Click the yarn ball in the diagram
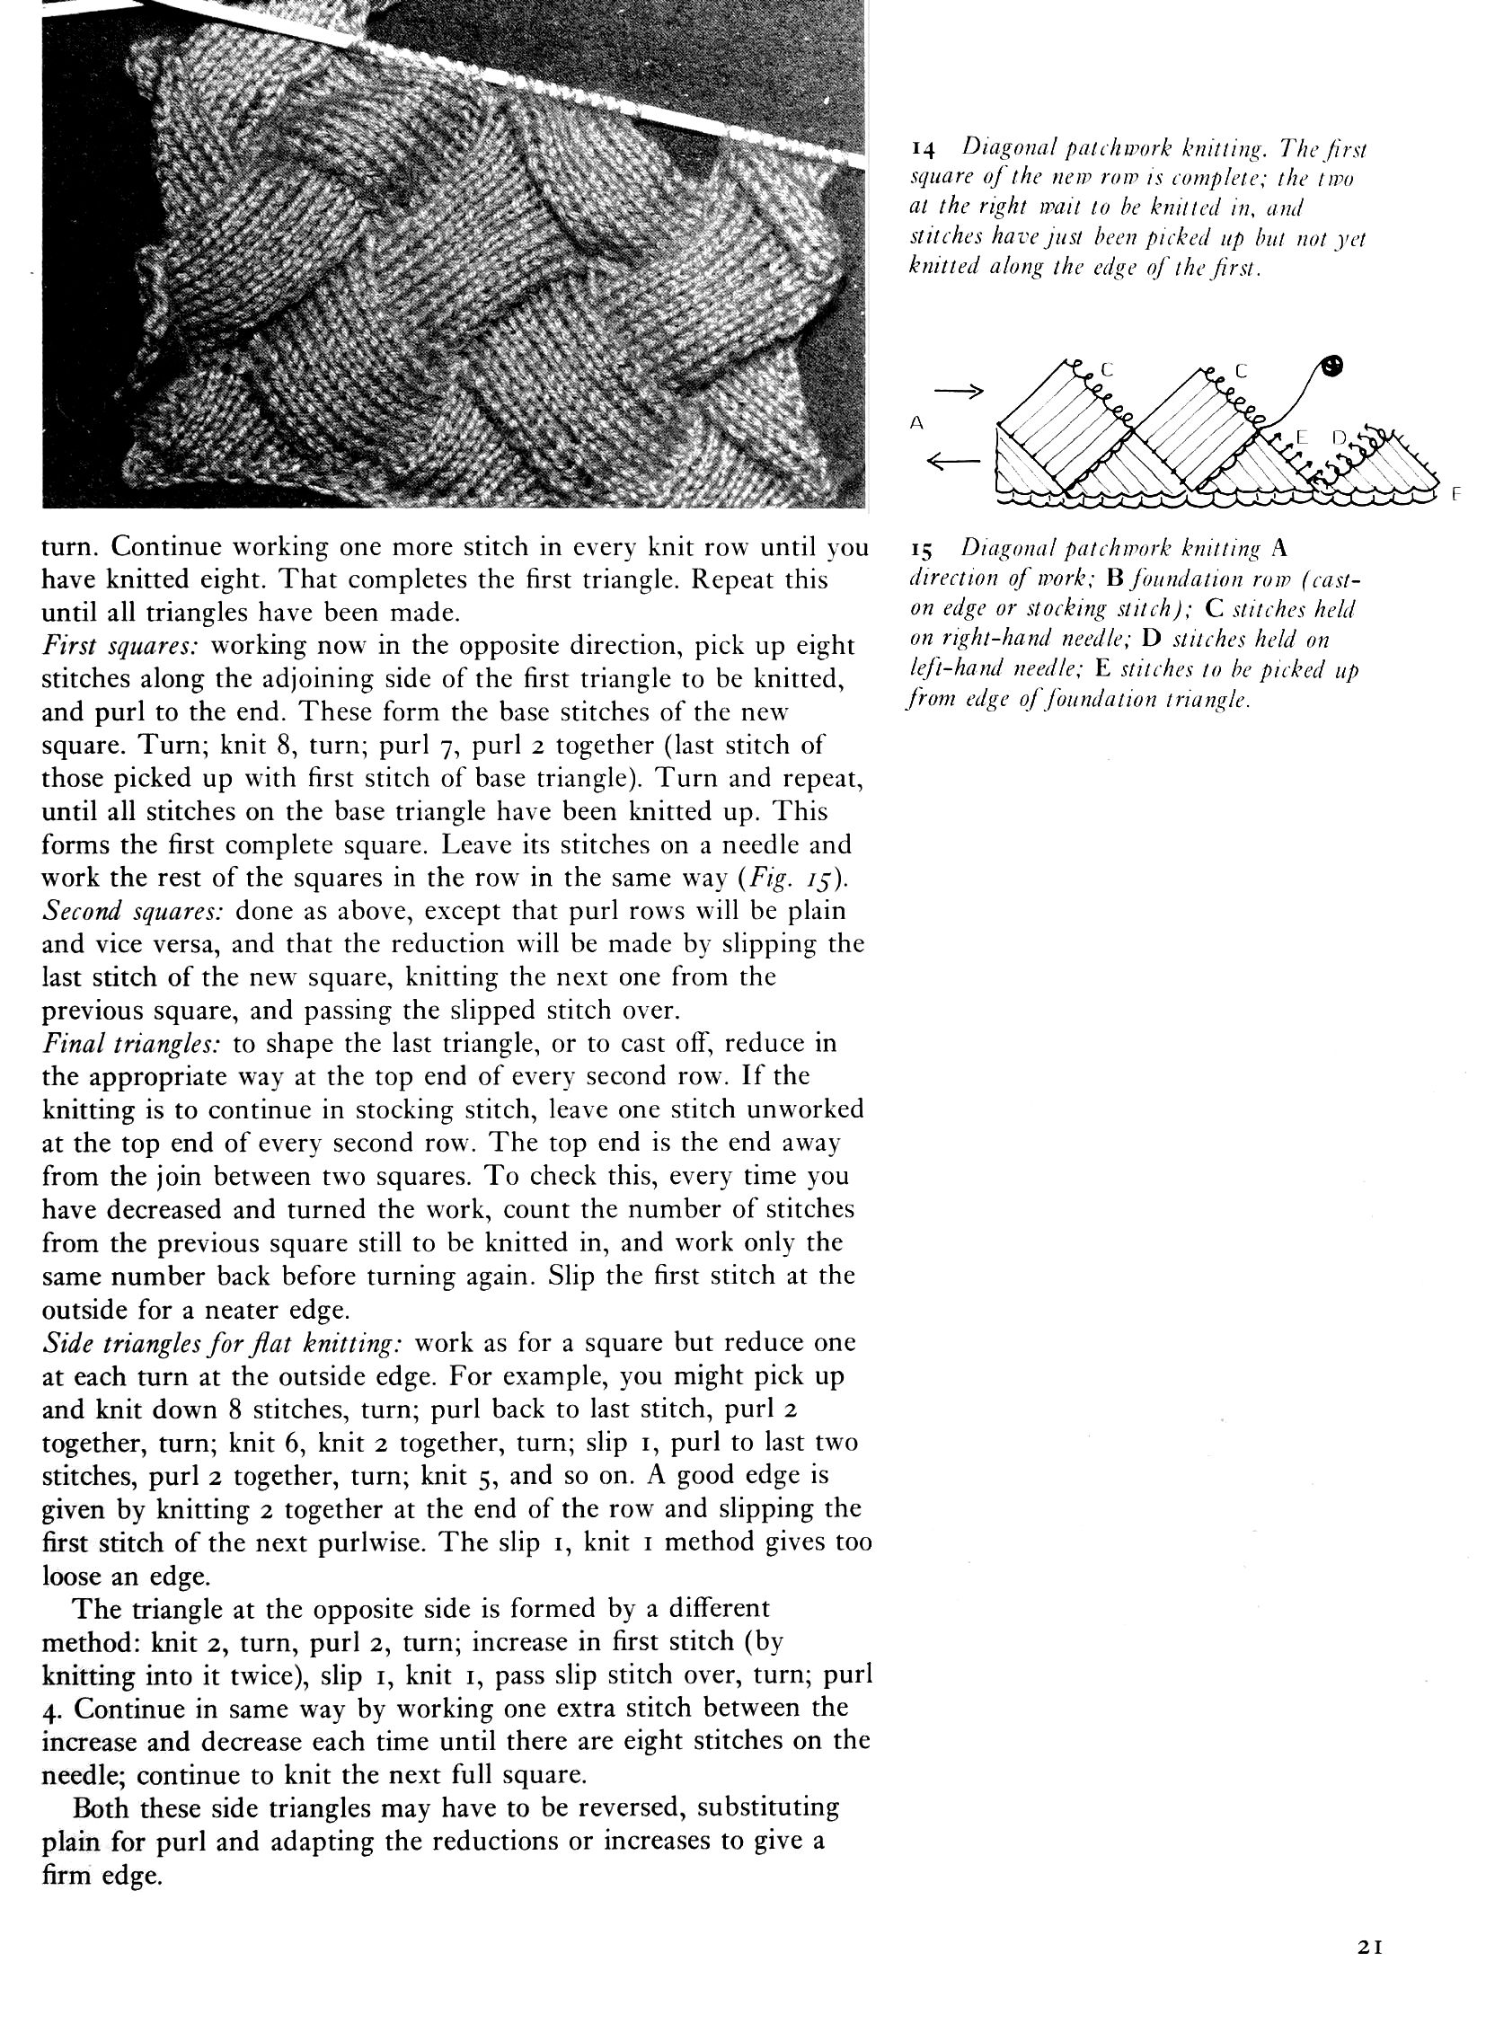click(1333, 366)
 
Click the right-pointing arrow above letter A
click(958, 392)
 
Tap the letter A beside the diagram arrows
click(917, 422)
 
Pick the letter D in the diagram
click(1338, 438)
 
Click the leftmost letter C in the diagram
click(1106, 369)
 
